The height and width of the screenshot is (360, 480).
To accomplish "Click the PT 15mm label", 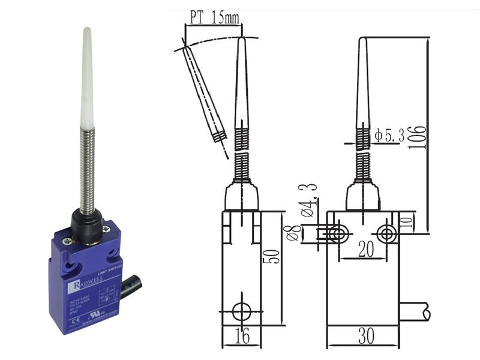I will tap(214, 17).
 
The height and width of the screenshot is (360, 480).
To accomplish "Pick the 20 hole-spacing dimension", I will tap(363, 248).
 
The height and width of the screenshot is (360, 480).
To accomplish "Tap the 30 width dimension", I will tap(362, 337).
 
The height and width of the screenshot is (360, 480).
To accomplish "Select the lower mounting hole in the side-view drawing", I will tap(241, 311).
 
